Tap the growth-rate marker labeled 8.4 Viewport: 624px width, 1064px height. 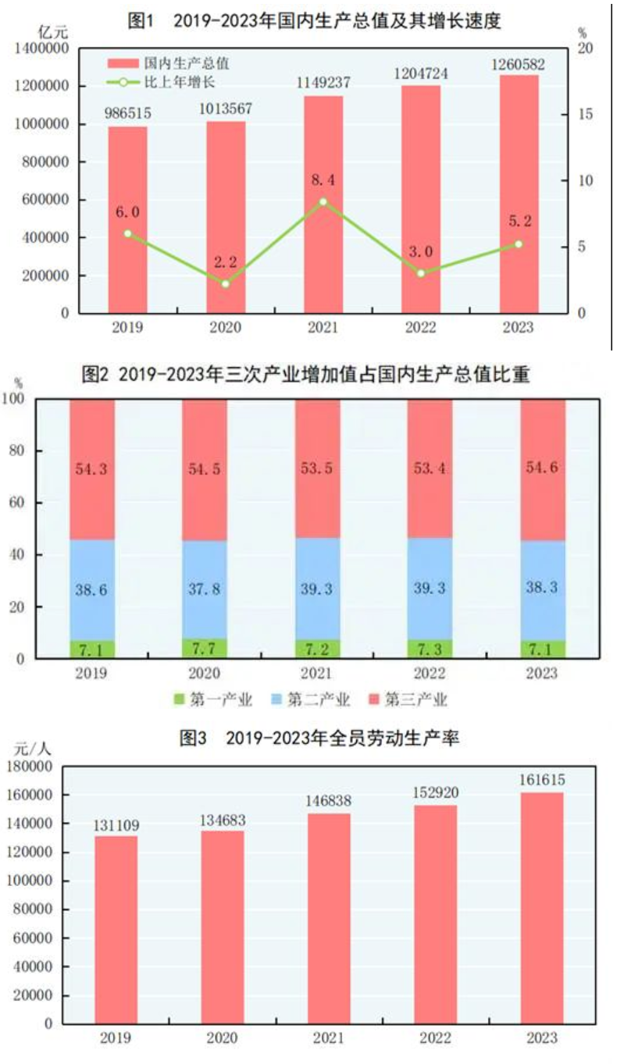(323, 201)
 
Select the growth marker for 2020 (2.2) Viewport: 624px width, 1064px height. (226, 283)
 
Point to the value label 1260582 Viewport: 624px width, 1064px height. (519, 64)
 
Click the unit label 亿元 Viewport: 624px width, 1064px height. (54, 32)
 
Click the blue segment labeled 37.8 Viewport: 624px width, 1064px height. (205, 589)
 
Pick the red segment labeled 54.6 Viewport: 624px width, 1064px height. (543, 469)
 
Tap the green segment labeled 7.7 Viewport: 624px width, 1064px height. (205, 648)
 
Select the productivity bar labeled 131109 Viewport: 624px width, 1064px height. (116, 929)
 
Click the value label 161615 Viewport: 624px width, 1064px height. (542, 780)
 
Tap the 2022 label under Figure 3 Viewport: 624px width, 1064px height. (436, 1038)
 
